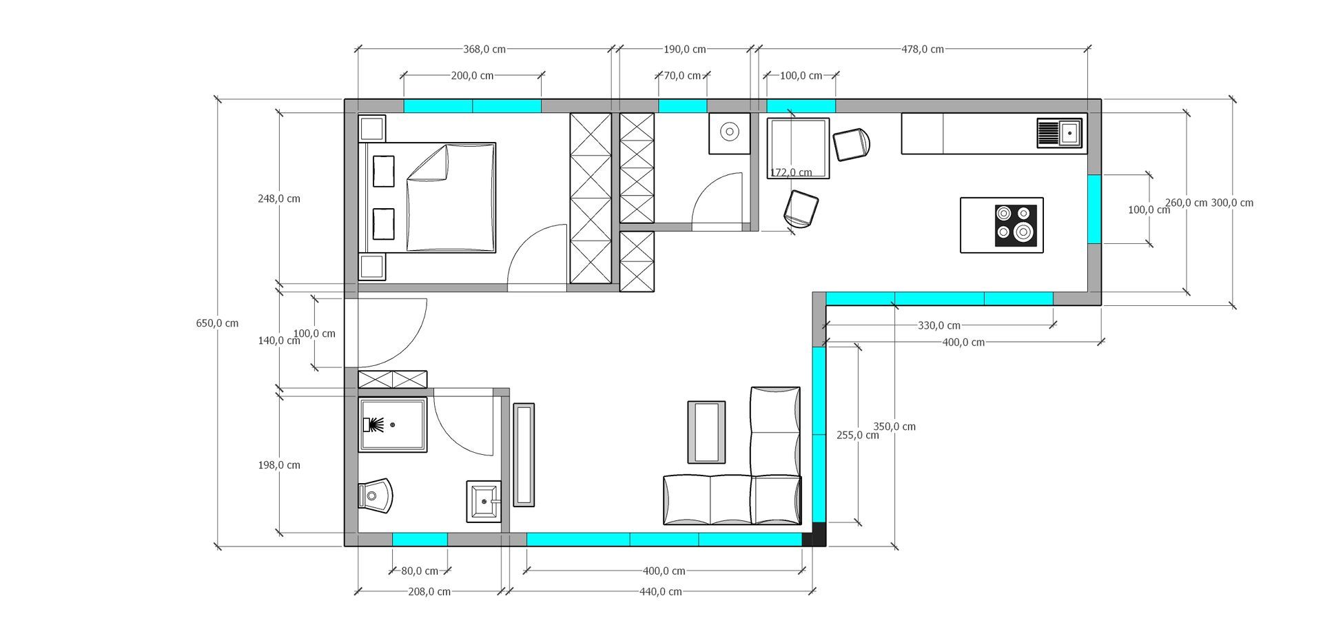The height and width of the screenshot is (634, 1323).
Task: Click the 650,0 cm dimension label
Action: [217, 323]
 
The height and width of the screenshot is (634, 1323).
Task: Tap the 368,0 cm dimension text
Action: [484, 50]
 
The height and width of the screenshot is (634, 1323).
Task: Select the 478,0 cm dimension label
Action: [923, 50]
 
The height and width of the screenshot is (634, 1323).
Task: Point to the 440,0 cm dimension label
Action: [661, 591]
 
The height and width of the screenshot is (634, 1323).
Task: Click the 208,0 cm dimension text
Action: [429, 591]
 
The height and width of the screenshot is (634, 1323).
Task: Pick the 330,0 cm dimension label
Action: [939, 325]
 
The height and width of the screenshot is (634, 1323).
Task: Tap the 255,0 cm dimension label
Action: [858, 435]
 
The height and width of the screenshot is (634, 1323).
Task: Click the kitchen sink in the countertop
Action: [1060, 133]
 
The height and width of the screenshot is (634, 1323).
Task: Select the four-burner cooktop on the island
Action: [1016, 225]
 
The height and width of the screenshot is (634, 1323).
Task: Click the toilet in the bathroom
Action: [376, 495]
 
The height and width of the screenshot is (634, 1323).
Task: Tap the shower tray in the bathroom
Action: [393, 425]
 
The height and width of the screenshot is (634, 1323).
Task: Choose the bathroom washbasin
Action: [484, 501]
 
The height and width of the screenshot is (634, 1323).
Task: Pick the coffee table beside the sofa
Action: [706, 432]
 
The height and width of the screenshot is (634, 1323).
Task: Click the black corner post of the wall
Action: [814, 535]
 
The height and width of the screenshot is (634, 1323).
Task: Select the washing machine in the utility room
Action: [729, 133]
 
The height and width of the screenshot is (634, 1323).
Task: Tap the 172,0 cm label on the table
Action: [790, 172]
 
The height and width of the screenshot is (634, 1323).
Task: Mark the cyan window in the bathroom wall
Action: [420, 540]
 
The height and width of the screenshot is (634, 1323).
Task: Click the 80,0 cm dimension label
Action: [420, 571]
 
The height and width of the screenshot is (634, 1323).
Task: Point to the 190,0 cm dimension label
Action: [685, 50]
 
